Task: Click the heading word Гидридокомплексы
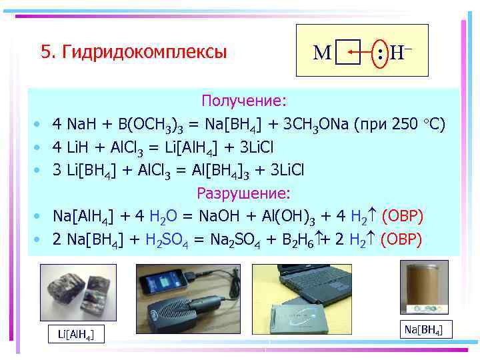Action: (143, 52)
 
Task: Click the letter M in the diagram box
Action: (322, 52)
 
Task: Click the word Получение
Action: (244, 101)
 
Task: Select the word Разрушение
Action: (243, 193)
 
